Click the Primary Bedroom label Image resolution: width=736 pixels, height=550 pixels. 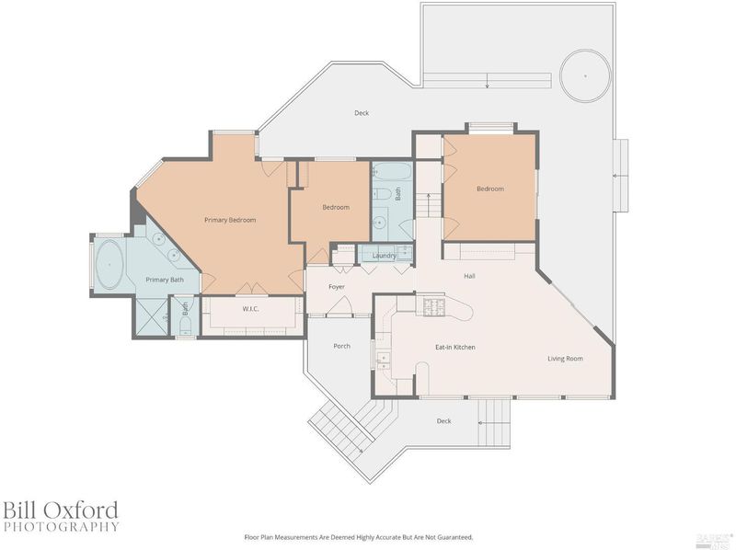coord(230,220)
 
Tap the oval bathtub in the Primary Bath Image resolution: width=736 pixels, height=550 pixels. coord(109,265)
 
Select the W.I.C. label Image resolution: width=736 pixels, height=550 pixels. coord(250,309)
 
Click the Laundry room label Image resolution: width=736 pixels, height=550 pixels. coord(385,256)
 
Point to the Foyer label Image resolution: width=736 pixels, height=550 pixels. coord(337,287)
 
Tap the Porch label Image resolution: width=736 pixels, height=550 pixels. coord(341,346)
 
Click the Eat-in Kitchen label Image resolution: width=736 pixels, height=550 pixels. coord(455,348)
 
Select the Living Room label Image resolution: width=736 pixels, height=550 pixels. coord(565,359)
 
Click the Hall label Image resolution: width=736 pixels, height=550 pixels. coord(469,276)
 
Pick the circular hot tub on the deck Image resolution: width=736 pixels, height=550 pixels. coord(586,75)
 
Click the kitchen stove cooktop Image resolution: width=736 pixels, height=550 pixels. coord(434,307)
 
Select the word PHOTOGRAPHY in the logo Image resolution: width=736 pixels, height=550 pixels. coord(61,526)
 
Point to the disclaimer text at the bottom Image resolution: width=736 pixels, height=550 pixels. coord(359,537)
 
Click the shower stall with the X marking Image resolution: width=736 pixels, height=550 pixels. coord(151,316)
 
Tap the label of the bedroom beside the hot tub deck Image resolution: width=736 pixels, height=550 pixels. coord(490,189)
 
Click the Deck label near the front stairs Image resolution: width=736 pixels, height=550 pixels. coord(443,421)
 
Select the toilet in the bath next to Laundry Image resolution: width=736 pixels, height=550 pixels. coord(384,193)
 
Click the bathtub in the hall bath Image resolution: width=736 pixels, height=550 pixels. coord(393,172)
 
